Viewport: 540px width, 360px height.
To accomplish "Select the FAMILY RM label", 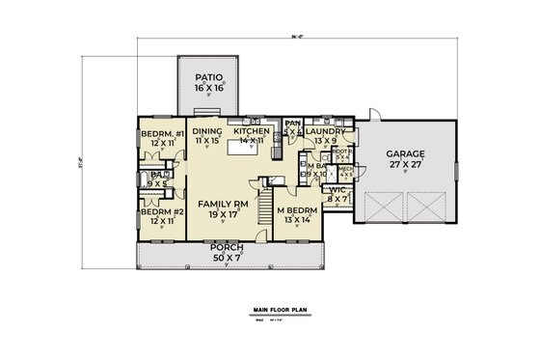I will (221, 205).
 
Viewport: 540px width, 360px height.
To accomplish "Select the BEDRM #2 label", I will (156, 210).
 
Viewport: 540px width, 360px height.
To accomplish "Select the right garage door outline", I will (425, 208).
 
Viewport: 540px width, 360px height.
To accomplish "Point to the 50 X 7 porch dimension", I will (221, 258).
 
